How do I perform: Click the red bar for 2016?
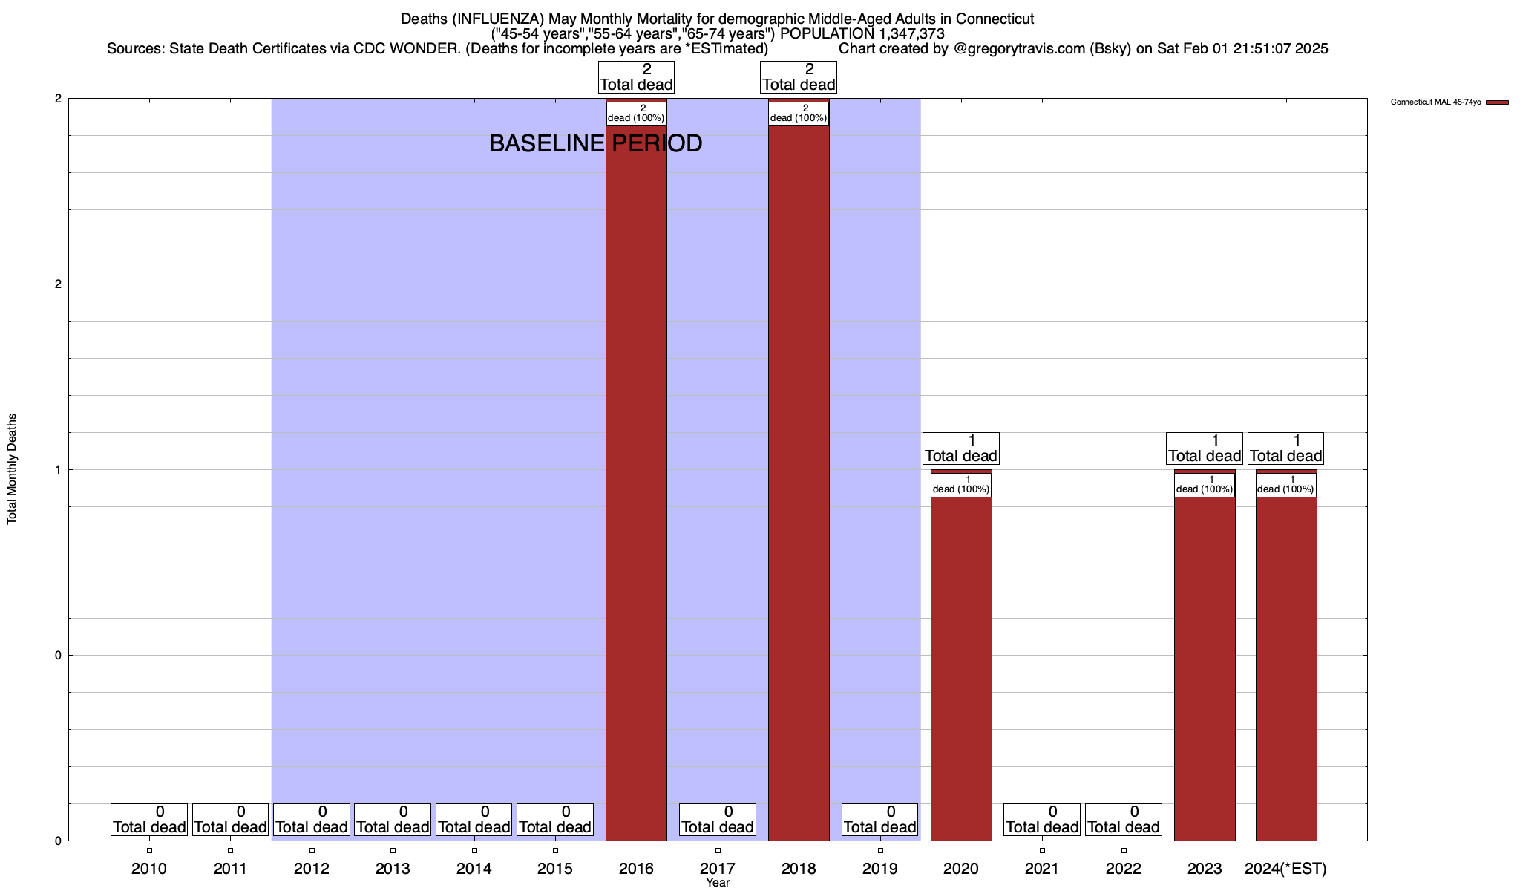[x=636, y=483]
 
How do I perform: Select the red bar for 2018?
[x=799, y=483]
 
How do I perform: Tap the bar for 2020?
[x=961, y=668]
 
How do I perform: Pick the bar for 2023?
[x=1205, y=668]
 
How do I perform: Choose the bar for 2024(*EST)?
[x=1286, y=668]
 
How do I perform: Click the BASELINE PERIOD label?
[x=595, y=143]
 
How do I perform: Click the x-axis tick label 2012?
[x=312, y=869]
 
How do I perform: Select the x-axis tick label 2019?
[x=880, y=869]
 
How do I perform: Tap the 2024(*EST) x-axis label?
[x=1285, y=869]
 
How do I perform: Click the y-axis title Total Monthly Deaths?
[x=12, y=469]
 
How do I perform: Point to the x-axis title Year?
[x=718, y=883]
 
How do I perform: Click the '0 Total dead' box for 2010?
[x=149, y=820]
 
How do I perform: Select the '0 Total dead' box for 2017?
[x=718, y=820]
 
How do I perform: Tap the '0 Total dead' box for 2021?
[x=1042, y=820]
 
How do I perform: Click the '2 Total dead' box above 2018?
[x=799, y=77]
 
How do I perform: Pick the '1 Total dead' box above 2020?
[x=961, y=448]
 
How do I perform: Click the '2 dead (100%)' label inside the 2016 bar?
[x=636, y=114]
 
